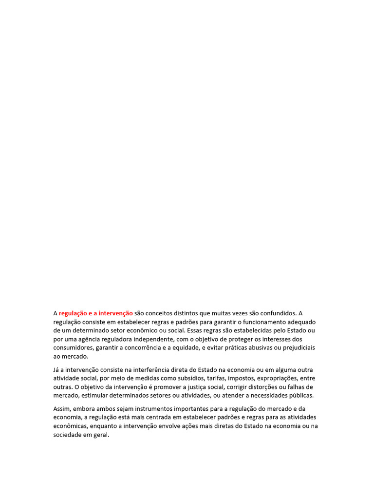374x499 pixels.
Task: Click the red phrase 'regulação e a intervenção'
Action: point(95,313)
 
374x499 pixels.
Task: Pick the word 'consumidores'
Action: point(73,348)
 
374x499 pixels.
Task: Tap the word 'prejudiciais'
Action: point(297,348)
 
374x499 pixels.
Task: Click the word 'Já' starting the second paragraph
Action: point(56,369)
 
